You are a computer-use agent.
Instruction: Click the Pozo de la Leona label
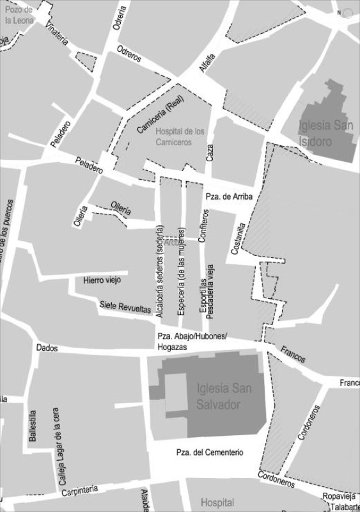pyautogui.click(x=19, y=14)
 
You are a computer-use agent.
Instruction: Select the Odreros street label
pyautogui.click(x=129, y=54)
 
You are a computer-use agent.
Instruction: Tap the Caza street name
pyautogui.click(x=210, y=152)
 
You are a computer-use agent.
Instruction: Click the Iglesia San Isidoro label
pyautogui.click(x=325, y=133)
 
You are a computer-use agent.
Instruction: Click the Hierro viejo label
pyautogui.click(x=102, y=280)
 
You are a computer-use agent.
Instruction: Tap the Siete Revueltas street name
pyautogui.click(x=125, y=307)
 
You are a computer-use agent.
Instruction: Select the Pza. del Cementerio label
pyautogui.click(x=210, y=452)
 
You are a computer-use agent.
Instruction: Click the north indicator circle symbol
pyautogui.click(x=347, y=13)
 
